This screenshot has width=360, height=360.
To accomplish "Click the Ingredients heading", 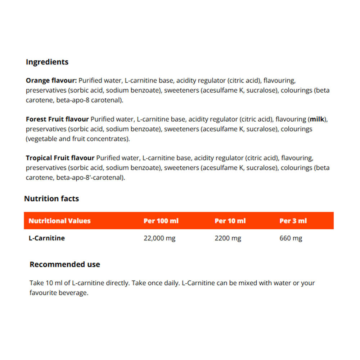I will pyautogui.click(x=47, y=62).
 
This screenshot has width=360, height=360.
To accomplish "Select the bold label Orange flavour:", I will pyautogui.click(x=51, y=80).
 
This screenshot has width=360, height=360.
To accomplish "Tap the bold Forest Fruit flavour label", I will pyautogui.click(x=57, y=119).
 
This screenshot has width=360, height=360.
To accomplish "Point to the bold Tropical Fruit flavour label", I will pyautogui.click(x=60, y=158).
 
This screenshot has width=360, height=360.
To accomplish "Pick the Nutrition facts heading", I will pyautogui.click(x=51, y=199).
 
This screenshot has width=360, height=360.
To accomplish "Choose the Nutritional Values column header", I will pyautogui.click(x=59, y=221).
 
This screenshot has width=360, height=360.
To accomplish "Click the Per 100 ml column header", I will pyautogui.click(x=161, y=221).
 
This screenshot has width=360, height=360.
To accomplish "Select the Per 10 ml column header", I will pyautogui.click(x=230, y=221).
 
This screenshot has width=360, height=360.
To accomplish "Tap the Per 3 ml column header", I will pyautogui.click(x=293, y=221).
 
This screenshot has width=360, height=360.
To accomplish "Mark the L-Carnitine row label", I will pyautogui.click(x=46, y=238).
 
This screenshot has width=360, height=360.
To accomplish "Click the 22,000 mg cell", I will pyautogui.click(x=159, y=238).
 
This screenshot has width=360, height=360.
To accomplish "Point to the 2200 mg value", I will pyautogui.click(x=228, y=238).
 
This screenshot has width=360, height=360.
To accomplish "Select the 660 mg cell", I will pyautogui.click(x=291, y=238).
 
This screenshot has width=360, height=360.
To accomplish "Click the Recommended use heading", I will pyautogui.click(x=65, y=265).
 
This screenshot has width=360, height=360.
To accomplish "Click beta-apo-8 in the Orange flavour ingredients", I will pyautogui.click(x=72, y=100).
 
